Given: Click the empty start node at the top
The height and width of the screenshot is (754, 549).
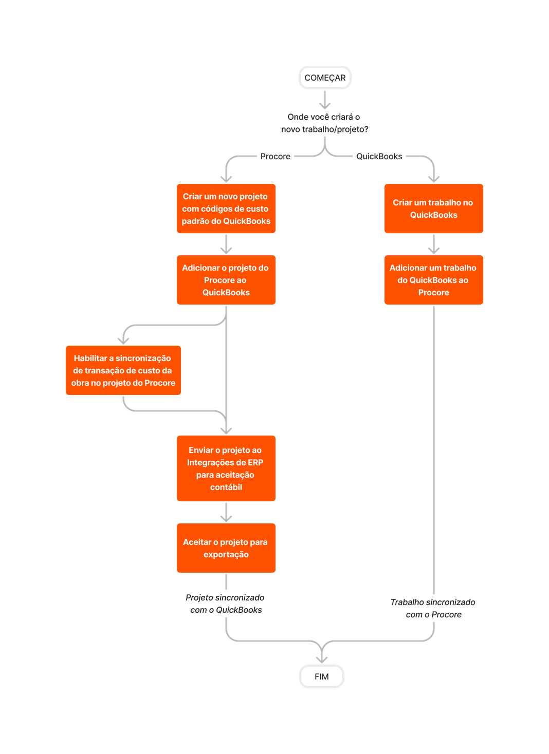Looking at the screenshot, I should tap(325, 78).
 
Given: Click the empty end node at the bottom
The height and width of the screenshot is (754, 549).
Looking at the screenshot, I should tap(322, 676).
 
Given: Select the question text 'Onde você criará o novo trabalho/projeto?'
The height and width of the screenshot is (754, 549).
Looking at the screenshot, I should tap(324, 123).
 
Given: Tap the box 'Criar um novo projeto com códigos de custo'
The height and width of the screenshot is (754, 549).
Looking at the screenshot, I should tap(226, 209).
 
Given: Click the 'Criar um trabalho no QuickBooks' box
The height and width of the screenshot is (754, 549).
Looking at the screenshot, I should tap(433, 209).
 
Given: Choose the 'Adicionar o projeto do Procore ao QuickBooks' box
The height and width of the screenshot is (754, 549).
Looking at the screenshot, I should tap(226, 280).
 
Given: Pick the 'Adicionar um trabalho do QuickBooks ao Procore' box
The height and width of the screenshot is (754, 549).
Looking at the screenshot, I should tap(433, 280).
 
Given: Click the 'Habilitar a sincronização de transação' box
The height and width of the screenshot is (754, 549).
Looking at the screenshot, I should tap(123, 370).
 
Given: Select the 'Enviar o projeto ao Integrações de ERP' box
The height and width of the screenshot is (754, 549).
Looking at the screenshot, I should tap(226, 468).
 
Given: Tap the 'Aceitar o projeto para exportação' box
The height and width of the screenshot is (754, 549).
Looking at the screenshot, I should tap(226, 548).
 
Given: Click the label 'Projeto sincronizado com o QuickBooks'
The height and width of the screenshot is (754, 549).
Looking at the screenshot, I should tap(225, 604).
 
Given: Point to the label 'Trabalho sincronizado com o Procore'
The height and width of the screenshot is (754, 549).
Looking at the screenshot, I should tap(433, 609).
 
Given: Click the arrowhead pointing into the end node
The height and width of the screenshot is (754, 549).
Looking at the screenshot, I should tap(322, 659).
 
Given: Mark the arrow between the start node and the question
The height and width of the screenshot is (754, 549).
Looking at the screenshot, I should tap(325, 100).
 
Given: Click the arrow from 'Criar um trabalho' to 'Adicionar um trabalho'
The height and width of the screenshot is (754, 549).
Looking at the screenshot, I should tap(434, 244).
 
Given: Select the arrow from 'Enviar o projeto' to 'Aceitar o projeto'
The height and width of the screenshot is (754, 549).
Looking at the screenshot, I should tap(226, 513).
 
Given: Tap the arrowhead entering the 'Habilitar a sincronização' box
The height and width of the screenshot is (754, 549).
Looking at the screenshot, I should tap(123, 340).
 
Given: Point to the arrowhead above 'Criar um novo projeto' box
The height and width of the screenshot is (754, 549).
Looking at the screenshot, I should tap(226, 178).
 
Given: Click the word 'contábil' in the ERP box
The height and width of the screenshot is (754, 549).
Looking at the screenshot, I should tap(226, 487).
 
